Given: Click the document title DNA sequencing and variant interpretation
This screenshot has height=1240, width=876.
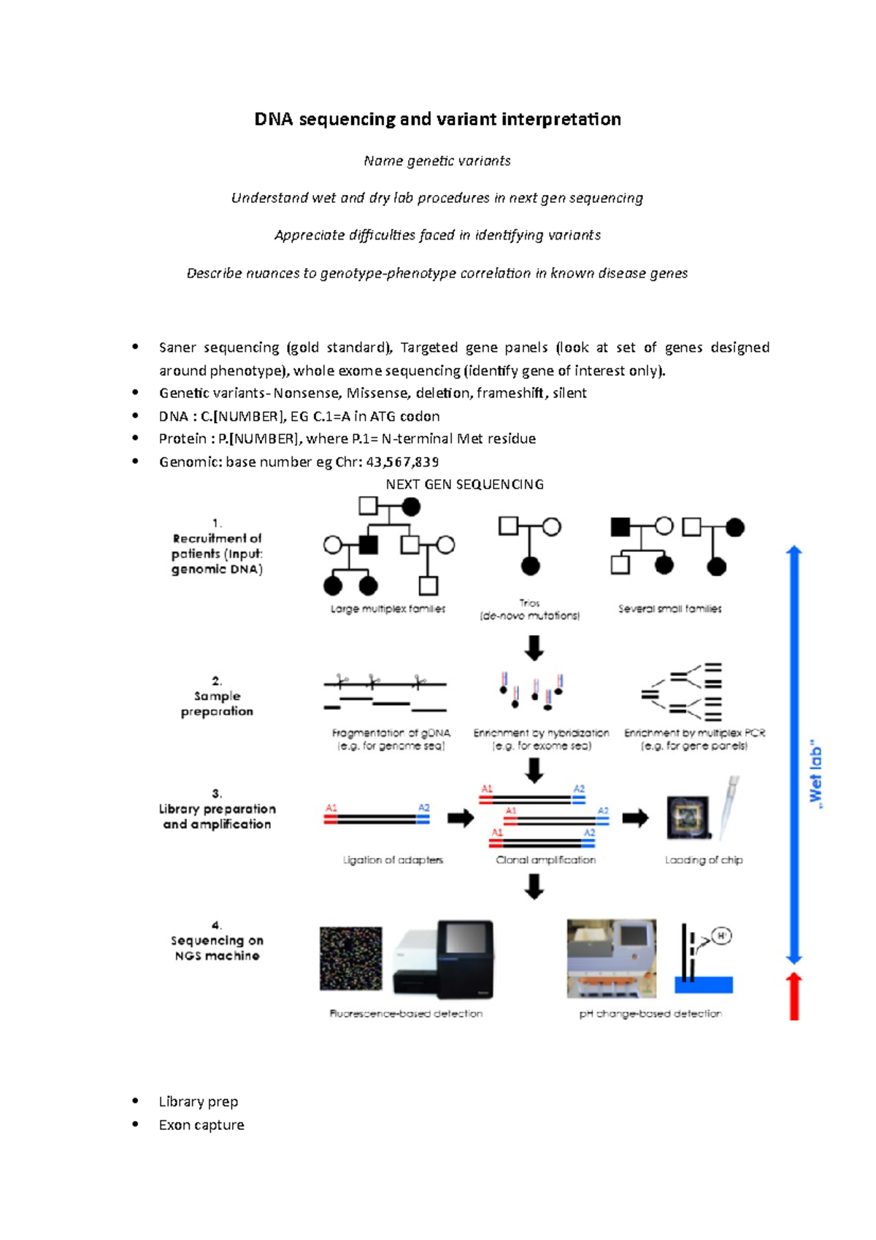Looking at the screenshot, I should click(437, 119).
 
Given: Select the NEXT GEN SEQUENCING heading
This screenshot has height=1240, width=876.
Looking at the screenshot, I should click(464, 484).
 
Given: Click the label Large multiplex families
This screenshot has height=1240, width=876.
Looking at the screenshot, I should click(388, 608).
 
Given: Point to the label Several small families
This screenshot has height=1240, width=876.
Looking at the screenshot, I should click(669, 608).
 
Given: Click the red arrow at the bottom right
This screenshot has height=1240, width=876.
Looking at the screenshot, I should click(794, 996).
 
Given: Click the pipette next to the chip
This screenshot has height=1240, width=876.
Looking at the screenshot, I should click(729, 807).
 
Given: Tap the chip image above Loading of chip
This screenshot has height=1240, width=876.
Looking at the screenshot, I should click(688, 817).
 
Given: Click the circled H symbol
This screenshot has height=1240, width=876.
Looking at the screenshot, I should click(721, 935).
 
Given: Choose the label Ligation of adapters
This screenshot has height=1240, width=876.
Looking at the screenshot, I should click(393, 860).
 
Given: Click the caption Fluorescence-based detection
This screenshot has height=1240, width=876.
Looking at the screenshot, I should click(406, 1014).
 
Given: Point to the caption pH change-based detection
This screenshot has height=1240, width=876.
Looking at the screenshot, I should click(650, 1014).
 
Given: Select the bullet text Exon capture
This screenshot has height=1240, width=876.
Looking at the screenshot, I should click(201, 1125).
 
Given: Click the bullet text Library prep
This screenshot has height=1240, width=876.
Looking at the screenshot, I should click(199, 1101).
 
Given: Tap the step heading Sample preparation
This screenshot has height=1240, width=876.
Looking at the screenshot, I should click(217, 703).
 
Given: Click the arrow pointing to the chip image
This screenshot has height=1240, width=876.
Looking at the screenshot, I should click(635, 818).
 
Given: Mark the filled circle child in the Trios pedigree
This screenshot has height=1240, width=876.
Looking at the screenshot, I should click(531, 566).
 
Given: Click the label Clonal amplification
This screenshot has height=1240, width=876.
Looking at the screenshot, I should click(545, 860).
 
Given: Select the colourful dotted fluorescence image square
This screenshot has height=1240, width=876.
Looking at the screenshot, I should click(351, 958).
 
